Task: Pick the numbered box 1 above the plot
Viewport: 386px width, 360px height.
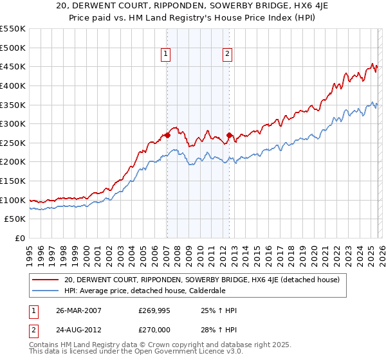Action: click(x=167, y=55)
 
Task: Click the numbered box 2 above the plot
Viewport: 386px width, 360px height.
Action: click(x=228, y=55)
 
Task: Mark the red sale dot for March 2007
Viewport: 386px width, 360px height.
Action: click(x=167, y=135)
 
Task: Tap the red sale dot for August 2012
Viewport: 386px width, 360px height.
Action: click(x=229, y=135)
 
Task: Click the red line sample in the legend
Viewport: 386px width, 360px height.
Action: click(x=45, y=279)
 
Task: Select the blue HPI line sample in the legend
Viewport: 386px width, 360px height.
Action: click(x=45, y=290)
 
